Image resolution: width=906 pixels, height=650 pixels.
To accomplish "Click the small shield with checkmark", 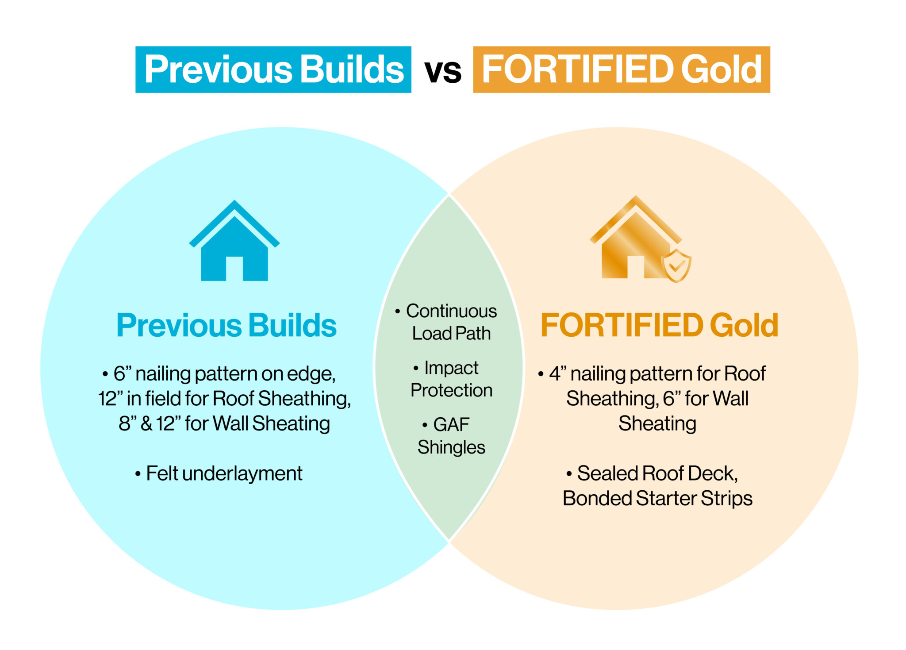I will pos(676,265).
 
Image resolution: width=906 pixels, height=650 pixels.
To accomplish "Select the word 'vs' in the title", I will pos(442,71).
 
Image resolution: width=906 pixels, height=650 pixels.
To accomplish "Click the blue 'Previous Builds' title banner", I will pos(273,69).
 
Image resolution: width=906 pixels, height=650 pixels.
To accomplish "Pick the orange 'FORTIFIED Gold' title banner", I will pos(621,69).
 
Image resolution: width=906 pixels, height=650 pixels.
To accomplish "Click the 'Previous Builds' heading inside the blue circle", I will pos(226,325).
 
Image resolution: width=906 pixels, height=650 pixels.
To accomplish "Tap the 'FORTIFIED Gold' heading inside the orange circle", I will pos(659,325).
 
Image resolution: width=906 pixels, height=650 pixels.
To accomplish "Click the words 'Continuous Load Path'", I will pos(451,322).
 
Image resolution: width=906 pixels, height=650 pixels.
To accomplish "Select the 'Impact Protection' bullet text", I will pos(451,379).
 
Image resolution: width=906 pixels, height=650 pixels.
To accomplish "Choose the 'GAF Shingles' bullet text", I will pos(451,436).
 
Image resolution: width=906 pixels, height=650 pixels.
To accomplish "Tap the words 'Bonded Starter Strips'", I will pos(657,498).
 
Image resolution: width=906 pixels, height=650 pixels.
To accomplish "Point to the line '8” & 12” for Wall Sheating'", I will pos(224,423).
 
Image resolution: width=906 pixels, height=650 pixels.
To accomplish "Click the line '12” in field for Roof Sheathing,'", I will pos(224,398).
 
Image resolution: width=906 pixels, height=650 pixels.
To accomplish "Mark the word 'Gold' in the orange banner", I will pos(721,69).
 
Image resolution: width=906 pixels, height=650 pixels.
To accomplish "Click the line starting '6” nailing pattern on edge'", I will pos(224,373).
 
